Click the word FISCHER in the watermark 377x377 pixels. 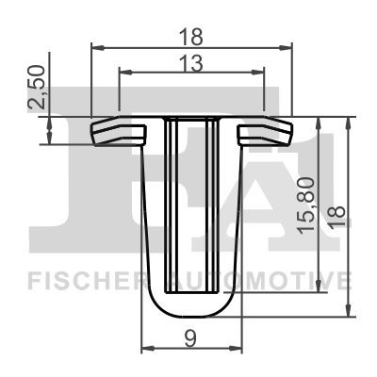pyautogui.click(x=85, y=280)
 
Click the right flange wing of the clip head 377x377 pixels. pyautogui.click(x=266, y=132)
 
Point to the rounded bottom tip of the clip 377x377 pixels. pyautogui.click(x=190, y=310)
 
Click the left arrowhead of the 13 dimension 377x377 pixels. pyautogui.click(x=123, y=71)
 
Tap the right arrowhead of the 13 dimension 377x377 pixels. pyautogui.click(x=260, y=71)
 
